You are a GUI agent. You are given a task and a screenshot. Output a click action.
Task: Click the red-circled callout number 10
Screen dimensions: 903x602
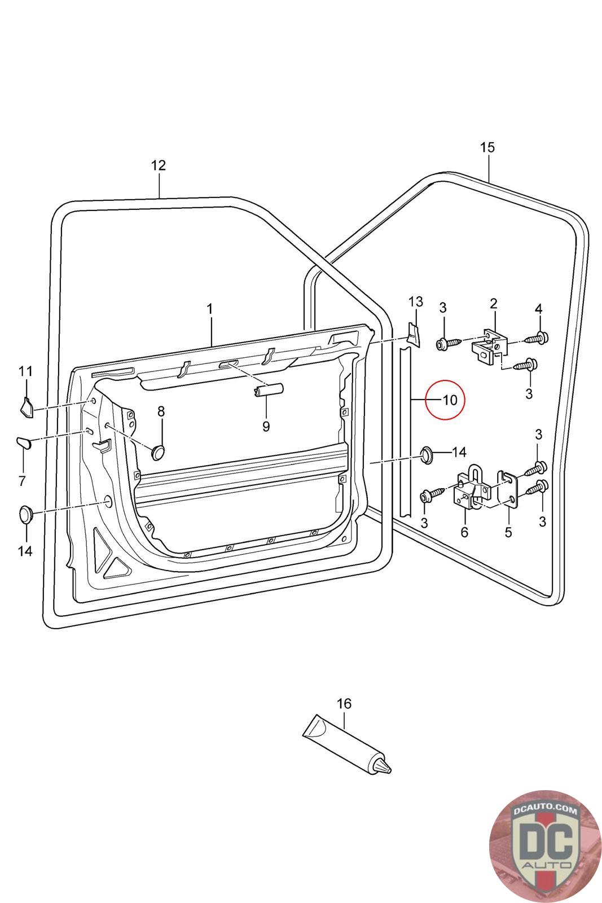point(450,400)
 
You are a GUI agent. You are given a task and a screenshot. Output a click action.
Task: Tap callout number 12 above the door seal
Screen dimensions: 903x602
point(159,165)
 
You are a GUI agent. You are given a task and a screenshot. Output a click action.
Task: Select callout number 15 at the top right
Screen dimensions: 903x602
point(487,148)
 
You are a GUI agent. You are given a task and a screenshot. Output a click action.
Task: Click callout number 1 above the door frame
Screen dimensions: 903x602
point(210,309)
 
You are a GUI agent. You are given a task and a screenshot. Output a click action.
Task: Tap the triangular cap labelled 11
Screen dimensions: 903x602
point(26,406)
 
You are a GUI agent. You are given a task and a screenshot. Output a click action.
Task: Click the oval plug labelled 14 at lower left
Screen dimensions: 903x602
point(26,514)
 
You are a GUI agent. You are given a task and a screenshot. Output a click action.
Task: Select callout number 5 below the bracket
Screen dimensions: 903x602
point(508,532)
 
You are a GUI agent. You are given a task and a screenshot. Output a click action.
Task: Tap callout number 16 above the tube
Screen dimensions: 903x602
point(344,704)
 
